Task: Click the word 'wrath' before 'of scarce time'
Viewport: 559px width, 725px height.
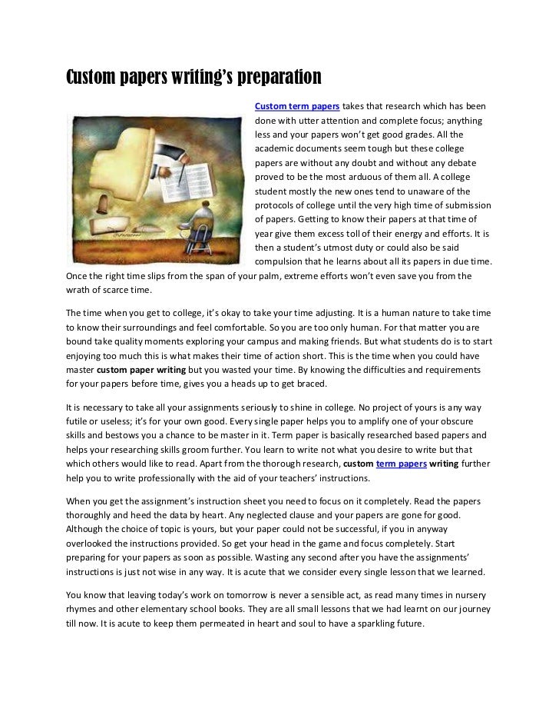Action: [x=77, y=290]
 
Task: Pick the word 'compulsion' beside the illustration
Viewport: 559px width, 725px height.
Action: [x=278, y=262]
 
